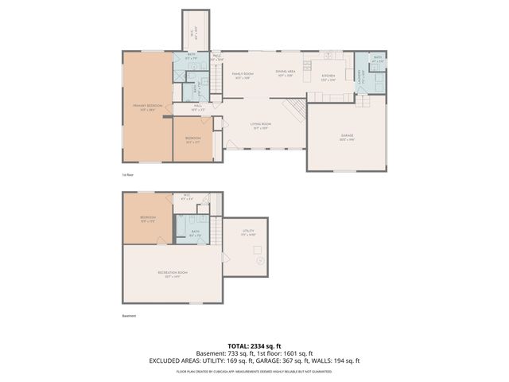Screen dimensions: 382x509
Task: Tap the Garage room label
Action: point(347,137)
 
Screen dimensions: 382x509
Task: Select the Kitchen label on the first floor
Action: point(328,77)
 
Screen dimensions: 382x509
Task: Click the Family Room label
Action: point(242,75)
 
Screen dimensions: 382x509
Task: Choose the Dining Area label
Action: point(286,73)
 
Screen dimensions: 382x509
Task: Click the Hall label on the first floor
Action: point(199,107)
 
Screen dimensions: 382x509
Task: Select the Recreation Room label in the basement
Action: point(171,275)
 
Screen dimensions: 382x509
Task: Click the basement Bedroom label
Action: point(147,218)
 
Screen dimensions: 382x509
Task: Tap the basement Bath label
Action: point(195,233)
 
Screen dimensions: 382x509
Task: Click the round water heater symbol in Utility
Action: point(258,250)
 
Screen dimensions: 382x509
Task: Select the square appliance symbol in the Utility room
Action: point(258,262)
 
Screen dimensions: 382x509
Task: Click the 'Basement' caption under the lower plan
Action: point(130,315)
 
